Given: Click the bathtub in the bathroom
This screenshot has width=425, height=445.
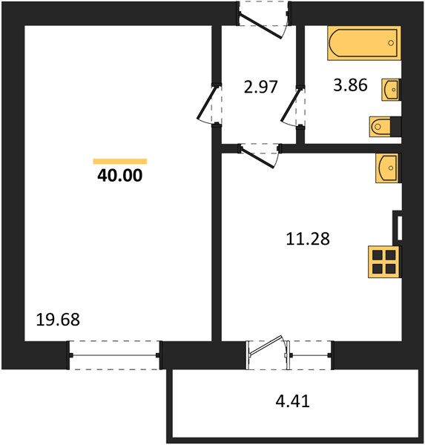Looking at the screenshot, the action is (x=364, y=43).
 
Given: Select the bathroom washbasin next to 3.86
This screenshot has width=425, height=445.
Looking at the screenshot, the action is (x=391, y=90).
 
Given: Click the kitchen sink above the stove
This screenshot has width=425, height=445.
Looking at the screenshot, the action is (x=388, y=168).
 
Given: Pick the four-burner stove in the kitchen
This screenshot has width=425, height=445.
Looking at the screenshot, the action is (x=384, y=262).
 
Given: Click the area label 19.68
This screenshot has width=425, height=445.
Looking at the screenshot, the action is (x=58, y=320).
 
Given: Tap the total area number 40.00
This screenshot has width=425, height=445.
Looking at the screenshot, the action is (x=120, y=176).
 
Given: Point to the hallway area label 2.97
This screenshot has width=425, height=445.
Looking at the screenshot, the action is (x=260, y=87).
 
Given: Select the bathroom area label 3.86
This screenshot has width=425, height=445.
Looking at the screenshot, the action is (x=350, y=85).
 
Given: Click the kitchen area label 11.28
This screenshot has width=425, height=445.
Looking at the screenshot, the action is (x=308, y=239).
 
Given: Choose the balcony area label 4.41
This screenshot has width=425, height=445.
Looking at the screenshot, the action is (x=292, y=401).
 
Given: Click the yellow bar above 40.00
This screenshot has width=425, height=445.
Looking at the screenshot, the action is (x=120, y=162).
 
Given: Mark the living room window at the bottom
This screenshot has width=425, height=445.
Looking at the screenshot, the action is (x=114, y=355).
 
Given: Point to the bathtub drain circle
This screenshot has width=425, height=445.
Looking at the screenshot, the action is (x=391, y=43).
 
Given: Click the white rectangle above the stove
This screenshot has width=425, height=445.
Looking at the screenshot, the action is (x=400, y=228).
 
